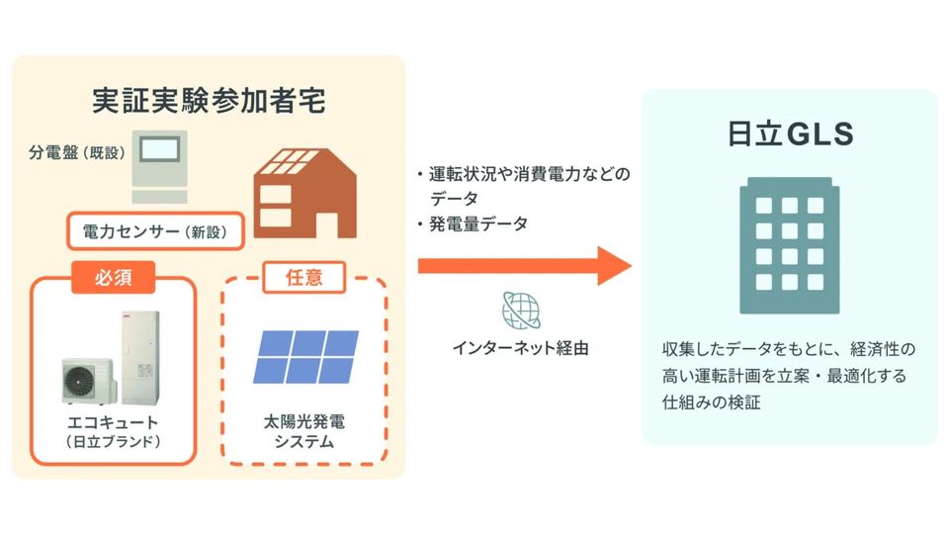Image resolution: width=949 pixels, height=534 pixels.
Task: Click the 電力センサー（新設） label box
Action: click(154, 232)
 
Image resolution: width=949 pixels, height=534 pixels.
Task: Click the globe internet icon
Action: click(521, 310)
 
